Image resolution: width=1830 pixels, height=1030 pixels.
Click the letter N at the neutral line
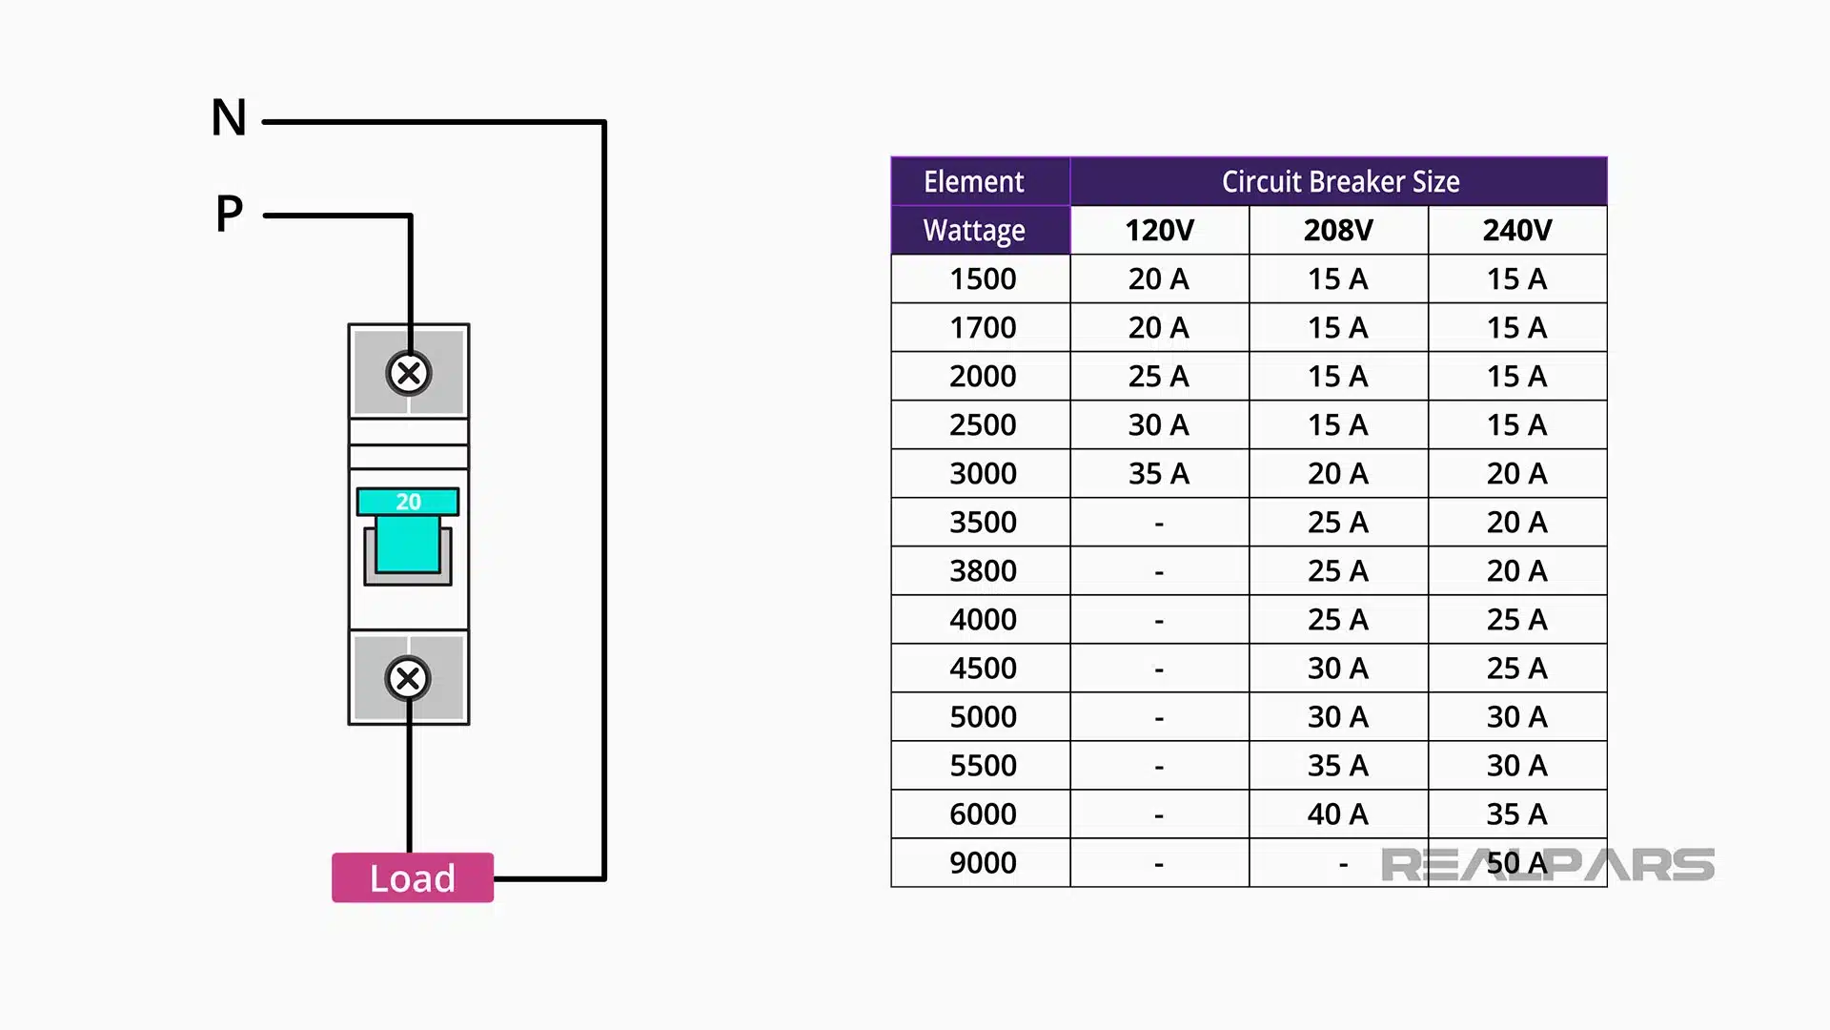coord(229,118)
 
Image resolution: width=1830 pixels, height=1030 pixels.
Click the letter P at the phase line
coord(229,213)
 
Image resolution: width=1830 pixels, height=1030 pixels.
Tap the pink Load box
coord(412,877)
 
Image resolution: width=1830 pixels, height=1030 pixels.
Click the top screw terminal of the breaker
coord(409,373)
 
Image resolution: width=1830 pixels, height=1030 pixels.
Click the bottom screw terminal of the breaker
coord(408,678)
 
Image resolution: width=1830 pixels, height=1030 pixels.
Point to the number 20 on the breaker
coord(408,502)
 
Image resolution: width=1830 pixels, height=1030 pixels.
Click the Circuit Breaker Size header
coord(1339,181)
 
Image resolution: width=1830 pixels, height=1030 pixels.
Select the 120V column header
coord(1159,230)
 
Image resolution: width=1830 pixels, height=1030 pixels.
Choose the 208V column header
coord(1338,230)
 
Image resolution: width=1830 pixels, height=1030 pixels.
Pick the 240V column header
coord(1516,230)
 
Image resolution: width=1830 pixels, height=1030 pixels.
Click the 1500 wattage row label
coord(982,278)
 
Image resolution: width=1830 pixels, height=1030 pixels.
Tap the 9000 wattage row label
coord(982,862)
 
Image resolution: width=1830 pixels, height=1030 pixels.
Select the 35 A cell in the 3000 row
coord(1159,473)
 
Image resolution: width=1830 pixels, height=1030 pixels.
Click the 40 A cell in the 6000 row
coord(1338,814)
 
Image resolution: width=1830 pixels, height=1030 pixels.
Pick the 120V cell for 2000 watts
coord(1159,376)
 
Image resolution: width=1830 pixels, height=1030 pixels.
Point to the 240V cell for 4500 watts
coord(1516,668)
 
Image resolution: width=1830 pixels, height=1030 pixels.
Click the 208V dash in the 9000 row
coord(1342,864)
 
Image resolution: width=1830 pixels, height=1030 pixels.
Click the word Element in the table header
coord(973,181)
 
